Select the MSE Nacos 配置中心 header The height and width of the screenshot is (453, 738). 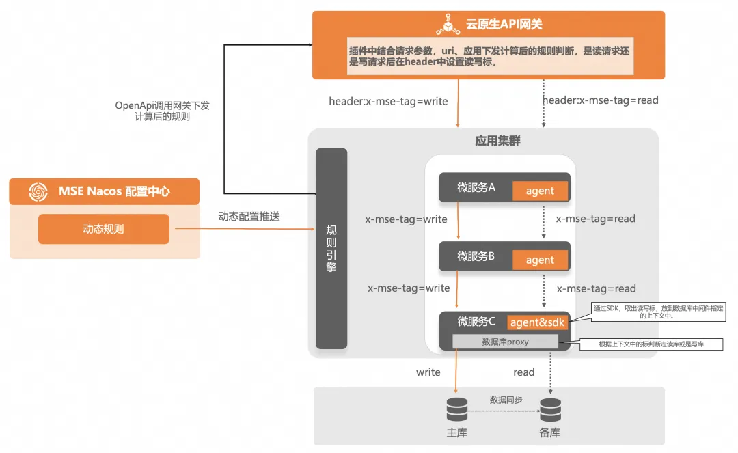[114, 191]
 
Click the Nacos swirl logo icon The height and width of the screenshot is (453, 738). [39, 192]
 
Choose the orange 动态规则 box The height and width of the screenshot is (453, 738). [103, 229]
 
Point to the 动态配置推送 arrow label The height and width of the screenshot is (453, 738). [249, 217]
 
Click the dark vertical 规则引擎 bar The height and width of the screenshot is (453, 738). [331, 248]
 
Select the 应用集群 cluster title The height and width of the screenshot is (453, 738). [497, 141]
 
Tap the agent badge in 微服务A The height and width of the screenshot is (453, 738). [540, 191]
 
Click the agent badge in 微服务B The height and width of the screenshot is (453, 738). [540, 260]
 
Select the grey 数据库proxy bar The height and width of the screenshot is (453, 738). [505, 342]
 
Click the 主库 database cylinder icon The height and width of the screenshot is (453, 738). [456, 410]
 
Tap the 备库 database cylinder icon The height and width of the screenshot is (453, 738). [550, 410]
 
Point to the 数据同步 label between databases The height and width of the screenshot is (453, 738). [506, 400]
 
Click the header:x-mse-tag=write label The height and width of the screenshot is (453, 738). [388, 101]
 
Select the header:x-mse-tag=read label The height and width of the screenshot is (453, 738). [600, 100]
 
